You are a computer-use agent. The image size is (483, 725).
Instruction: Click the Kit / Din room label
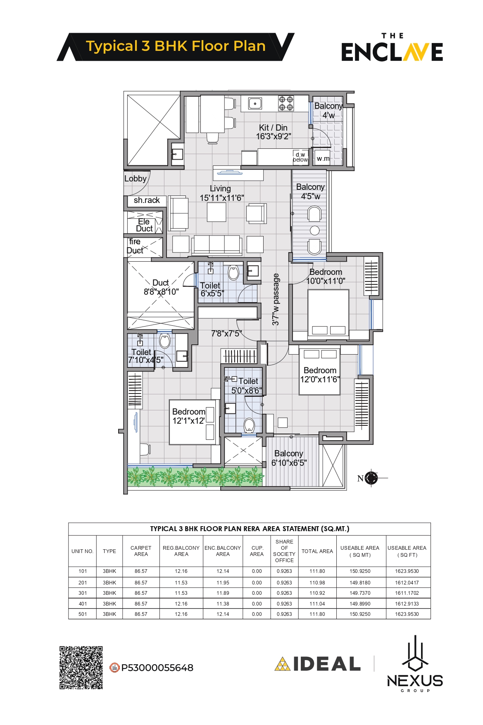click(273, 132)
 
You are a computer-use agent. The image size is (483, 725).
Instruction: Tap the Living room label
click(222, 193)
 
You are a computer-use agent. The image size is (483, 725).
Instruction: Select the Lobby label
click(136, 179)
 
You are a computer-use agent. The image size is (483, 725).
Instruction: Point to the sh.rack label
click(147, 200)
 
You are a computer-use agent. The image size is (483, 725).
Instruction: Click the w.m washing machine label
click(323, 158)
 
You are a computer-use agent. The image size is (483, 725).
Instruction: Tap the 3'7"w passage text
click(276, 299)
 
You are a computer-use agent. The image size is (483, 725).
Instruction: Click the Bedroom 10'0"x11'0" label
click(326, 277)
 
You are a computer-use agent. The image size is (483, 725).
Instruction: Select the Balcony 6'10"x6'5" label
click(289, 458)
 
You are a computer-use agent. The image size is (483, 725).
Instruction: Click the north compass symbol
click(371, 478)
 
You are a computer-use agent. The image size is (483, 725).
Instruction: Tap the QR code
click(81, 668)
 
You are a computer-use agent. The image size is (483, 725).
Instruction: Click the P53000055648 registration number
click(157, 668)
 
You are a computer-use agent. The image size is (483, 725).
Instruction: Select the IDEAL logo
click(317, 664)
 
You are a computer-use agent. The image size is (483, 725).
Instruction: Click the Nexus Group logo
click(415, 664)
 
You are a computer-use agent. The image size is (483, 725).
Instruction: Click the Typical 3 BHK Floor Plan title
click(176, 46)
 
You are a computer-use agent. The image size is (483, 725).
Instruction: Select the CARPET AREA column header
click(141, 551)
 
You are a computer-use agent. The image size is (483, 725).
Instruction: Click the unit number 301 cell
click(83, 593)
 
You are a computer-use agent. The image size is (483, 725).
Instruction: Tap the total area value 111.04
click(317, 604)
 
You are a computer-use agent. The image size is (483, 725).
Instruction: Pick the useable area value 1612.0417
click(407, 583)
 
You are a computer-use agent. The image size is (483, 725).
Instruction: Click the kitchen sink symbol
click(255, 104)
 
